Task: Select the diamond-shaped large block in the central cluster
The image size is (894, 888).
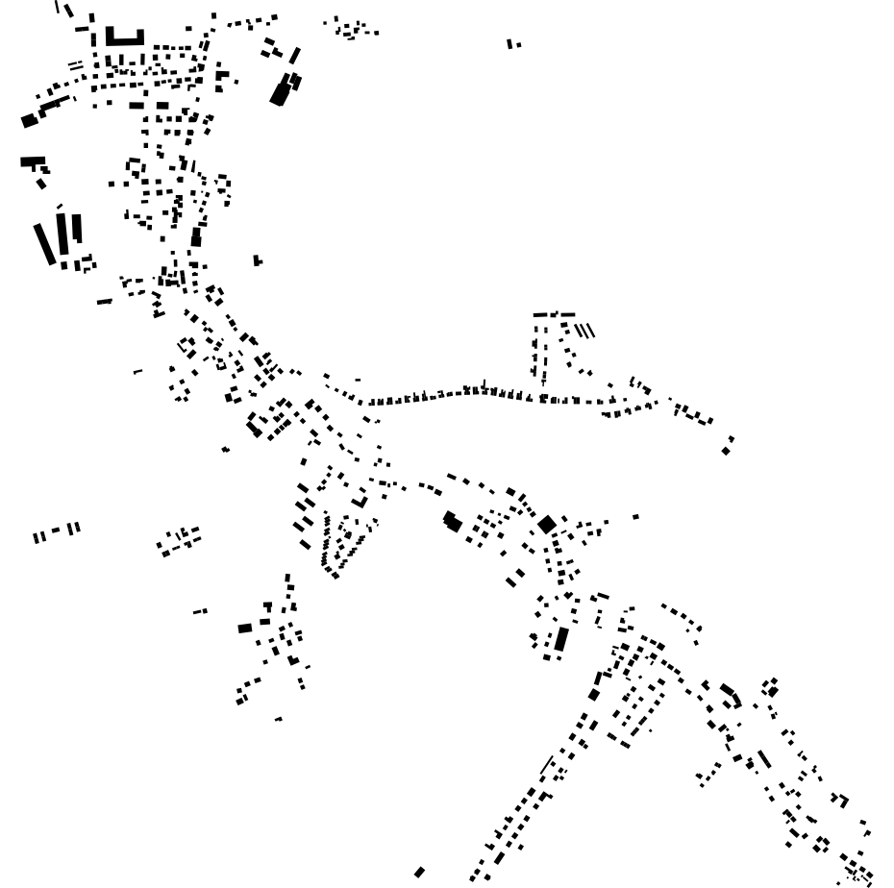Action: pyautogui.click(x=547, y=524)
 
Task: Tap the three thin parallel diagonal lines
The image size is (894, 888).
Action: pyautogui.click(x=584, y=331)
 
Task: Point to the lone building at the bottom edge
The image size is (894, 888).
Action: pyautogui.click(x=419, y=873)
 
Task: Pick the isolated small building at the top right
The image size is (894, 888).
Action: pyautogui.click(x=512, y=44)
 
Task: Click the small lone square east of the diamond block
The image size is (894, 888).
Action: pyautogui.click(x=635, y=517)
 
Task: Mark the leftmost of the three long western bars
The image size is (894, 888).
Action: pyautogui.click(x=45, y=244)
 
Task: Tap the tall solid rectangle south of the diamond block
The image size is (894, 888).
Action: pyautogui.click(x=561, y=639)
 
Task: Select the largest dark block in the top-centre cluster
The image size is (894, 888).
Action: pyautogui.click(x=281, y=92)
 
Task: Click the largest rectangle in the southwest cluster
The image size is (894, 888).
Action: pyautogui.click(x=245, y=629)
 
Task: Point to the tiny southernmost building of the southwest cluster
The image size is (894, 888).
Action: pyautogui.click(x=278, y=719)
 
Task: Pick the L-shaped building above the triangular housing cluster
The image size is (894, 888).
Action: pyautogui.click(x=360, y=501)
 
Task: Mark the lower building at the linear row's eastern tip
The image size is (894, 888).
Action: pyautogui.click(x=726, y=451)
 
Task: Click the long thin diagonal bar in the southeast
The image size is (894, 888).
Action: pyautogui.click(x=764, y=759)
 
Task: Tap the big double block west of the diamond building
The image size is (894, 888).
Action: pyautogui.click(x=452, y=522)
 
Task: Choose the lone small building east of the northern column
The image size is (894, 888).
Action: pyautogui.click(x=257, y=260)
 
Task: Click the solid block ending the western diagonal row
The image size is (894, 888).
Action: pyautogui.click(x=29, y=121)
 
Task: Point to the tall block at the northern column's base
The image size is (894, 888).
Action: pyautogui.click(x=196, y=236)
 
